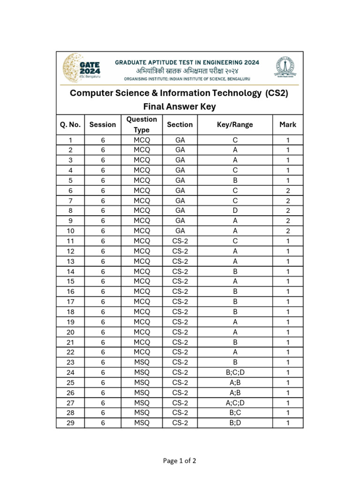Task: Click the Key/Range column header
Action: tap(235, 125)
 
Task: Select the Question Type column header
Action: tap(142, 125)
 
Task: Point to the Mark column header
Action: tap(288, 125)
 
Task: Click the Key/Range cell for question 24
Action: tap(235, 373)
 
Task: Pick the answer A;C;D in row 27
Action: tap(235, 403)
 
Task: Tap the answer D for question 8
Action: tap(235, 211)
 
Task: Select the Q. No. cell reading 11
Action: tap(70, 241)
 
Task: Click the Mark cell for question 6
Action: tap(288, 191)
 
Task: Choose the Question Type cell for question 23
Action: tap(142, 362)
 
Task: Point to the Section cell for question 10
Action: tap(180, 231)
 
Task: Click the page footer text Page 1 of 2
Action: tap(180, 461)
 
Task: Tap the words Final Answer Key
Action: tap(180, 106)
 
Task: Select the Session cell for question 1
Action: tap(103, 140)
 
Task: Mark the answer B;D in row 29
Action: tap(235, 423)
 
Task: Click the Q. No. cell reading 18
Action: tap(70, 312)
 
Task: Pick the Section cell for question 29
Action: tap(180, 423)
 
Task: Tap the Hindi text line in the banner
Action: tap(187, 70)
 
